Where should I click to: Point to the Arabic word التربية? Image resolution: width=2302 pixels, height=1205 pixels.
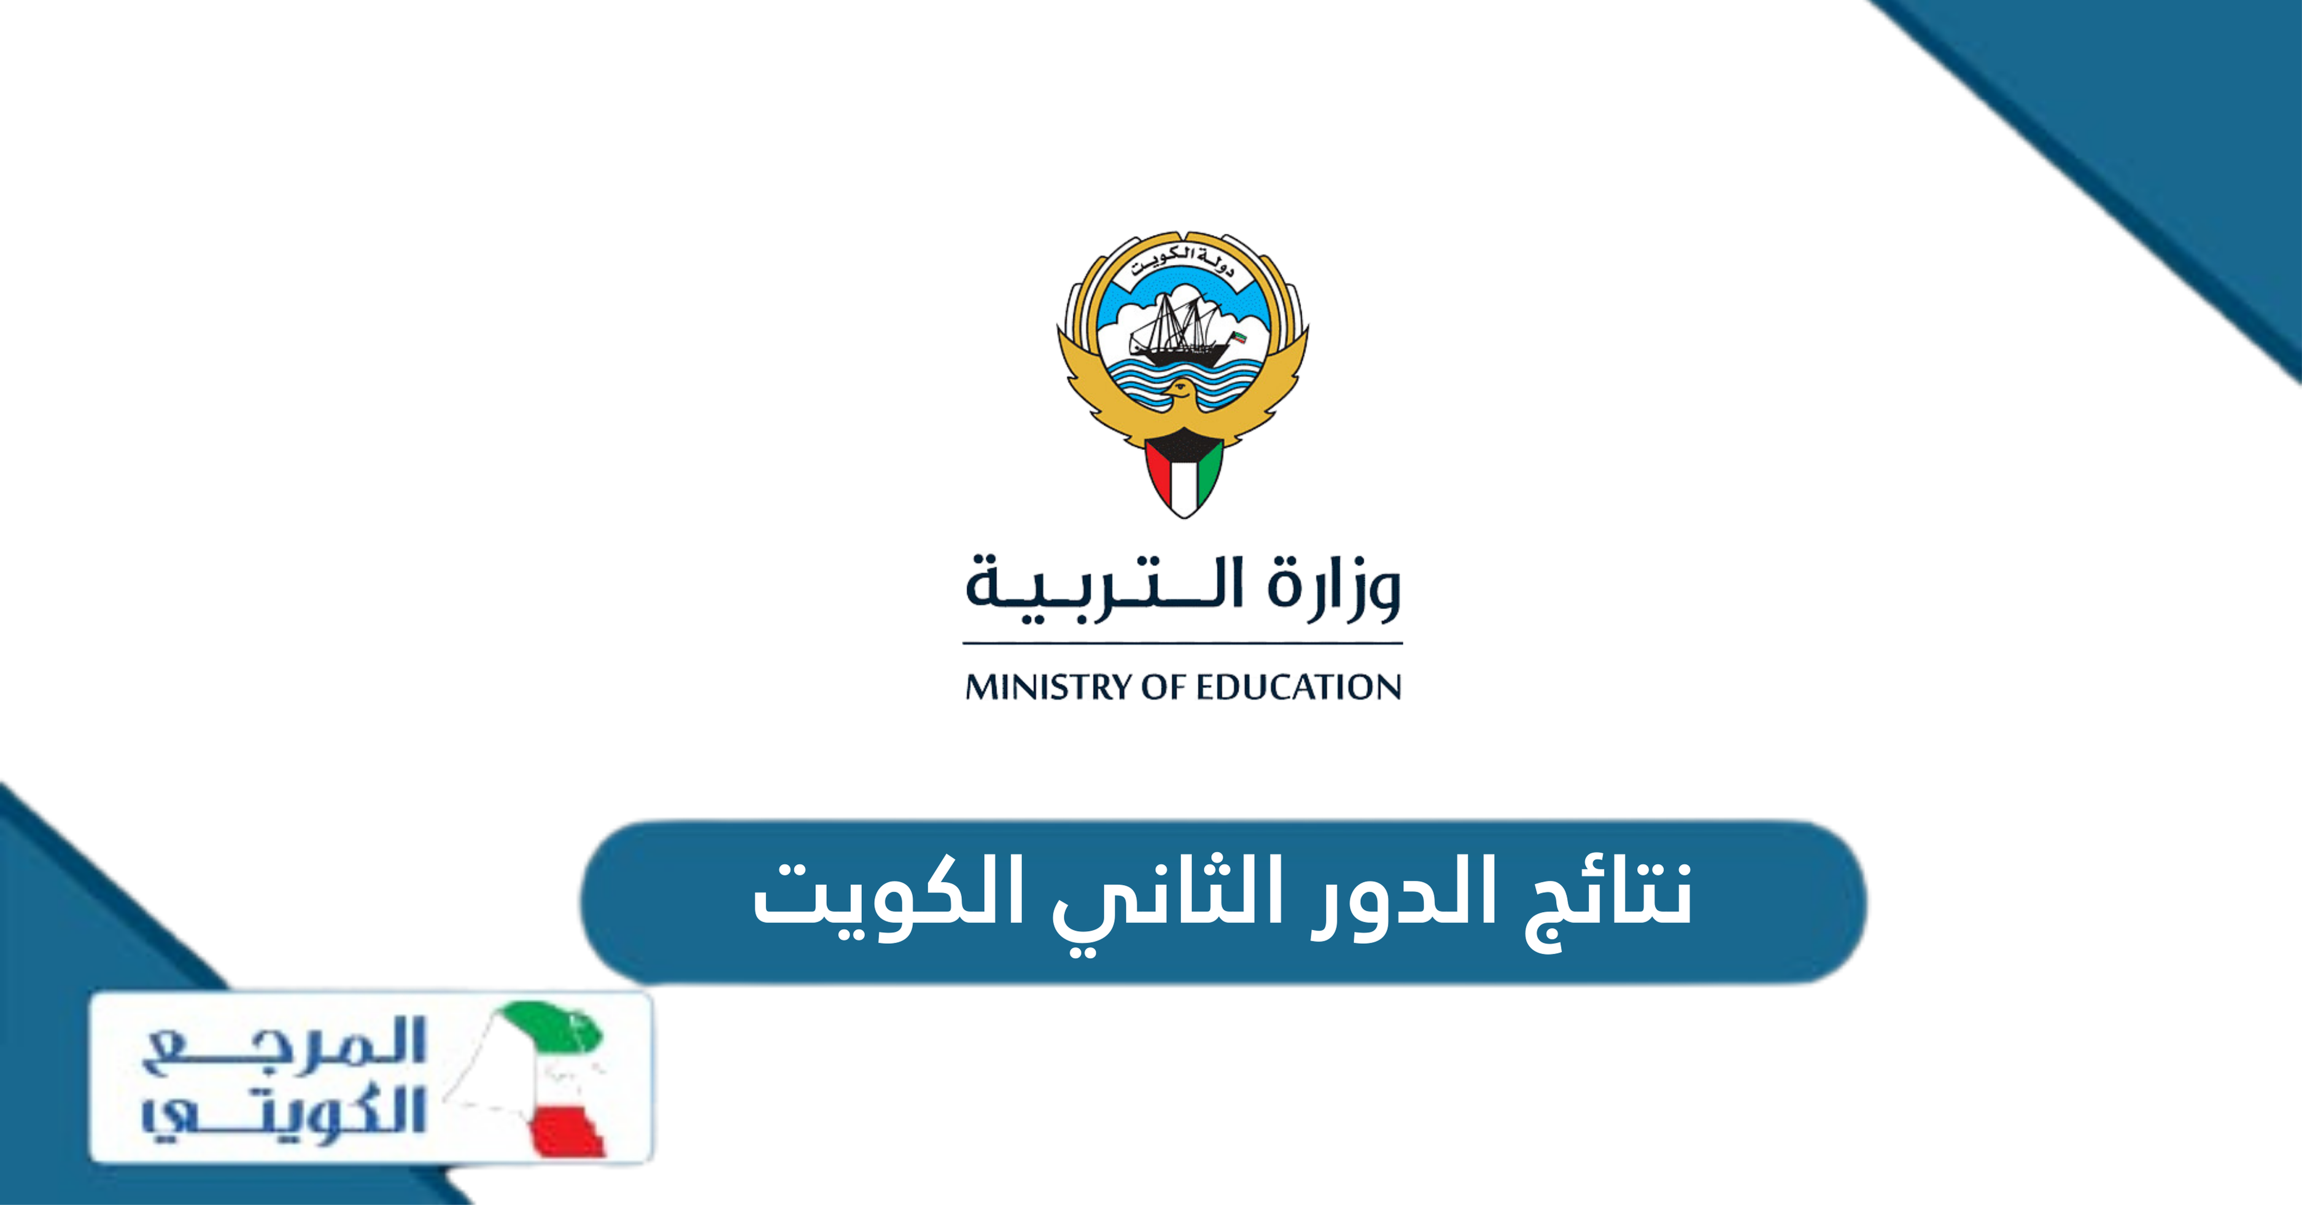[1104, 587]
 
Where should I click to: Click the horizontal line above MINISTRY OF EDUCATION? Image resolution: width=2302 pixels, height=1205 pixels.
[1182, 642]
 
